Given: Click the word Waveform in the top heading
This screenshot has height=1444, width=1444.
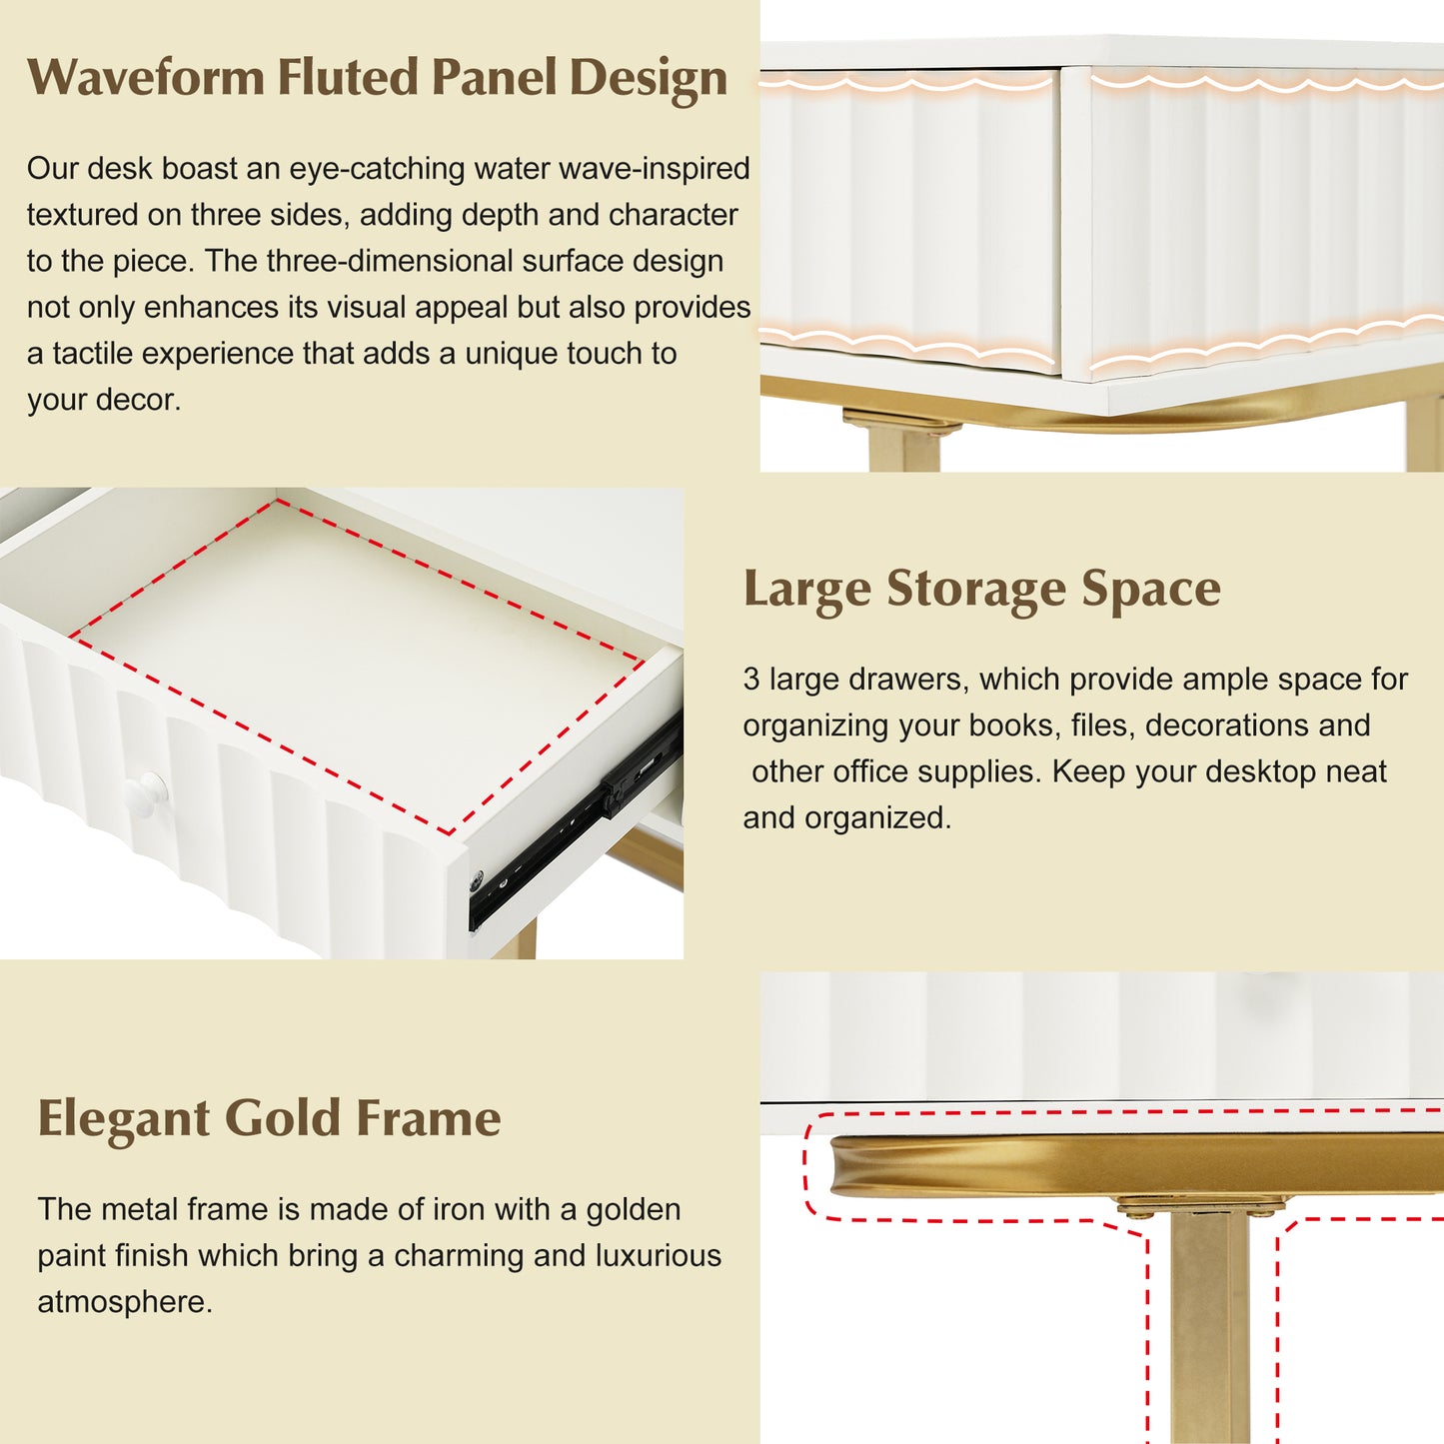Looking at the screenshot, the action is point(146,77).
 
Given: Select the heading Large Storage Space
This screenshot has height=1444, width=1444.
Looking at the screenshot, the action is point(981,590).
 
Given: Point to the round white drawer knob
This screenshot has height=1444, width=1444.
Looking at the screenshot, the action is point(145,794).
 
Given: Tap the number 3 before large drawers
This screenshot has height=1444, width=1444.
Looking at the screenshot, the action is point(751,680).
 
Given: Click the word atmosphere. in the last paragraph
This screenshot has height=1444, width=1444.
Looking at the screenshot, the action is point(125,1302).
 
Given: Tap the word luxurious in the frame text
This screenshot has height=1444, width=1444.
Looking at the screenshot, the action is point(659,1256).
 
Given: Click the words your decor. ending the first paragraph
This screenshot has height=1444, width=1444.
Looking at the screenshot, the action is point(104,400).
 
